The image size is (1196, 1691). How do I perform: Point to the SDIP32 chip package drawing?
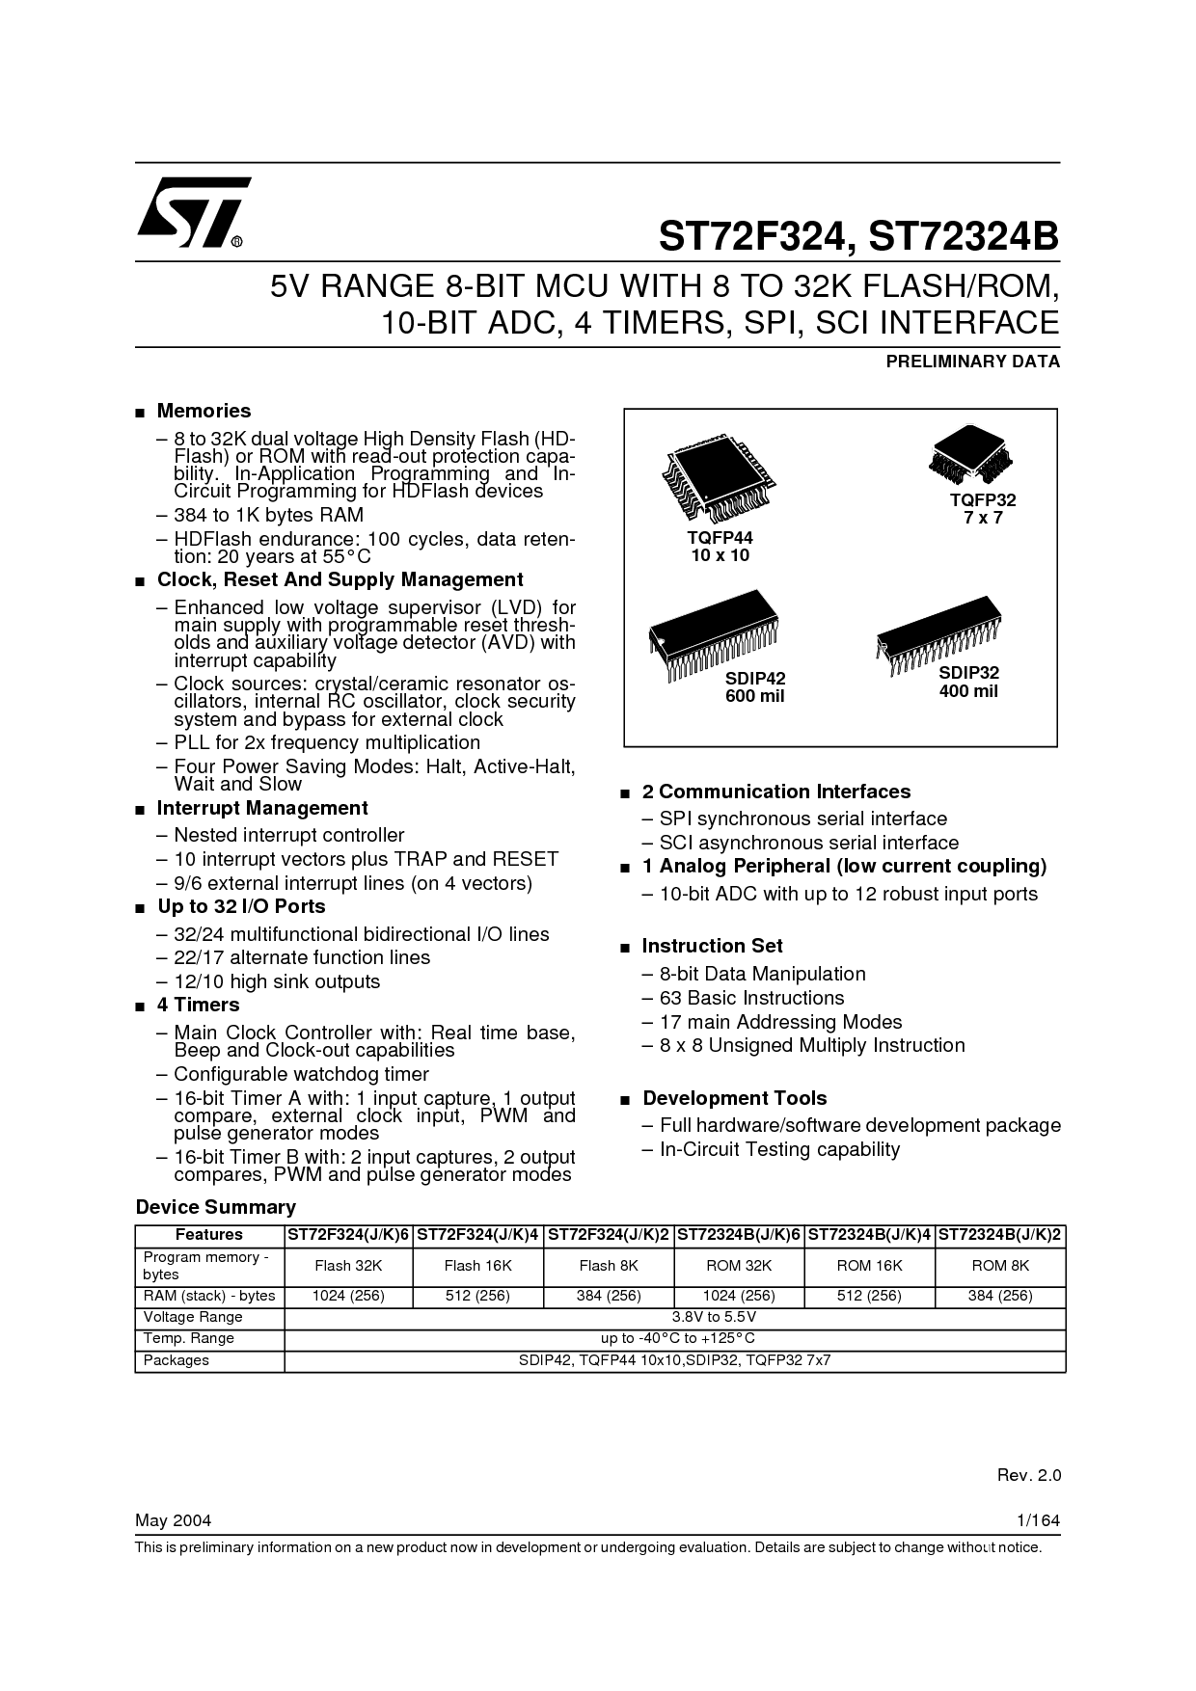[938, 636]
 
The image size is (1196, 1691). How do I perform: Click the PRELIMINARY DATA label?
[972, 362]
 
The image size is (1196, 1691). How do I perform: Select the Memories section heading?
[204, 411]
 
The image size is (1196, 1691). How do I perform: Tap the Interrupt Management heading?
[262, 808]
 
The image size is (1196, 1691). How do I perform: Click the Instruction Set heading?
[713, 946]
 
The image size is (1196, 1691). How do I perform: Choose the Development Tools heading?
[735, 1098]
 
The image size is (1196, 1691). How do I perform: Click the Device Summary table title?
[216, 1207]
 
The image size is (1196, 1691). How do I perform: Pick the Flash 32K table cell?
[348, 1266]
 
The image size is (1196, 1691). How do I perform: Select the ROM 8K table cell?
[1000, 1266]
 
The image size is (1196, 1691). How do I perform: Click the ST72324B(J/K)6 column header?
[739, 1235]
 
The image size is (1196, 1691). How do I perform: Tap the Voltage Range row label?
[193, 1317]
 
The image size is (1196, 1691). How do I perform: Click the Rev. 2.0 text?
[1028, 1475]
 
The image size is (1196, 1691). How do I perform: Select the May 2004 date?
[174, 1520]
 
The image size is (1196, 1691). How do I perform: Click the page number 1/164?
[1039, 1520]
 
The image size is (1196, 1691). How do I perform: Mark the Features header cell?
[209, 1235]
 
